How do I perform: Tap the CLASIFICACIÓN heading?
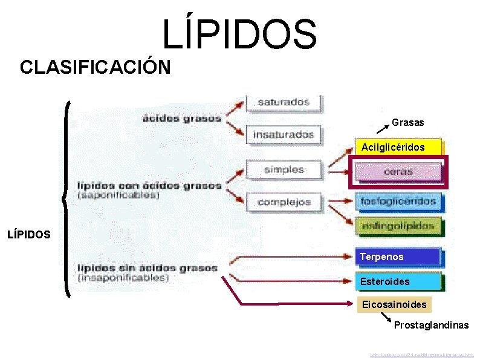pos(95,67)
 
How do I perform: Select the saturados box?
pos(284,102)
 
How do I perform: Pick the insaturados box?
pos(284,134)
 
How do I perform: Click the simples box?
pos(284,170)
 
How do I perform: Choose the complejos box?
pos(284,202)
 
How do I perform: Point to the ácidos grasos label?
pos(182,119)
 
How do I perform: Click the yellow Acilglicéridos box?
pos(398,147)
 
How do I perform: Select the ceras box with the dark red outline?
pos(398,172)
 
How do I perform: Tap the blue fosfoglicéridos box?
pos(398,201)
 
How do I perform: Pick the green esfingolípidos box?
pos(398,226)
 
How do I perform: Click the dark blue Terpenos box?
pos(398,257)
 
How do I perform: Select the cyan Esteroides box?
pos(398,282)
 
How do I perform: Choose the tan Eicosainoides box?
pos(394,304)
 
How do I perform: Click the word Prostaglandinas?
pos(431,326)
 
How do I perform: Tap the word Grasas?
pos(408,122)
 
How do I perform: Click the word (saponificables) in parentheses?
pos(118,195)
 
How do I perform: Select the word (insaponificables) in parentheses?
pos(123,278)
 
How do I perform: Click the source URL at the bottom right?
pos(423,354)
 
